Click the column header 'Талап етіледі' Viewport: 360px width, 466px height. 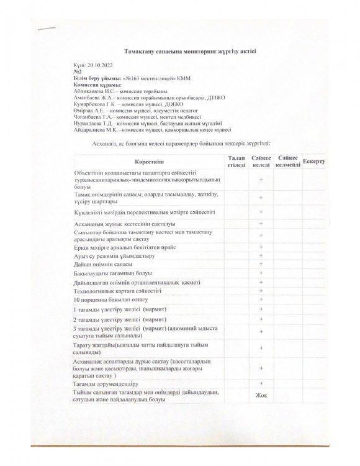click(x=236, y=162)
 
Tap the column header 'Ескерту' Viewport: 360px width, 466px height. click(x=315, y=162)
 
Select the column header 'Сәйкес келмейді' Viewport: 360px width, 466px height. click(x=288, y=162)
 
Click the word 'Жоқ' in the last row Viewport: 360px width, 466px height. click(x=261, y=395)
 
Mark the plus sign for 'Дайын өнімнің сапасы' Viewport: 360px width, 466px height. click(x=261, y=264)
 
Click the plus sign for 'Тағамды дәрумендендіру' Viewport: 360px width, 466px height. click(x=261, y=383)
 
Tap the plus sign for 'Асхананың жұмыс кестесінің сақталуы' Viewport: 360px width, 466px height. click(x=261, y=223)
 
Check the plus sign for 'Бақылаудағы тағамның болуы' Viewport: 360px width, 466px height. click(x=261, y=273)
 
